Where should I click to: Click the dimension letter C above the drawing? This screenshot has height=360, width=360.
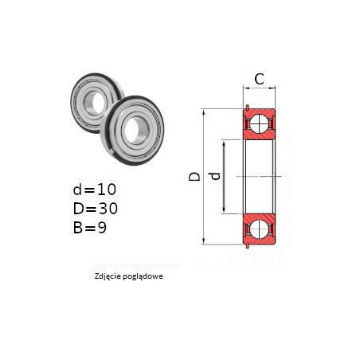coord(259,79)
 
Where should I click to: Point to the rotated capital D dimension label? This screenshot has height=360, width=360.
coord(194,177)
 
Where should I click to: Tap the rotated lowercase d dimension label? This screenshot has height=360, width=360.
coord(216,176)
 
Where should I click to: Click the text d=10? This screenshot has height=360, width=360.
coord(95,190)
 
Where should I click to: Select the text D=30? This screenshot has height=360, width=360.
coord(96,209)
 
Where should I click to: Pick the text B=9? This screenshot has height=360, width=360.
coord(90,228)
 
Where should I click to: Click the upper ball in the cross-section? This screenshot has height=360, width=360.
coord(259,123)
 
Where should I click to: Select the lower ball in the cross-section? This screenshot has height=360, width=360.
coord(259,229)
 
